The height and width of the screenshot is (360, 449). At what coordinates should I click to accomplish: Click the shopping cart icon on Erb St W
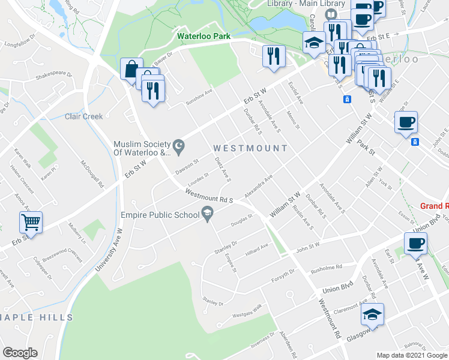coord(31,222)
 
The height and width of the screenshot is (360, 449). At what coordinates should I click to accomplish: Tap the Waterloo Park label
coord(204,36)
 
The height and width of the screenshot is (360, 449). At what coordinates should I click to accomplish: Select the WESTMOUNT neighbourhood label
coord(250,148)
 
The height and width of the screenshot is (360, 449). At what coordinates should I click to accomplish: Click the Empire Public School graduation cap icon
coord(208,212)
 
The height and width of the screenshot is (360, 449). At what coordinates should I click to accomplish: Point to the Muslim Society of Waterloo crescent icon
coord(178,146)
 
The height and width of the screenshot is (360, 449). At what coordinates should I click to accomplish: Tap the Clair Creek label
coord(84,116)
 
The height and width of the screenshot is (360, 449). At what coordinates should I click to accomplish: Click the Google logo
coord(20,353)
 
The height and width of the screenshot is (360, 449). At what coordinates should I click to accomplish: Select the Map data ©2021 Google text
coord(411,355)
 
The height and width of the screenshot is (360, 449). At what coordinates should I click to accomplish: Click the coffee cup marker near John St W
coord(415,244)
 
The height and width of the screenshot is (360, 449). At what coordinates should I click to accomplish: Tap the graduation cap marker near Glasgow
coord(373,314)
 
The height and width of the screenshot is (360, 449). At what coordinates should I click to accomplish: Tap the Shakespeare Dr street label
coord(53,76)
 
